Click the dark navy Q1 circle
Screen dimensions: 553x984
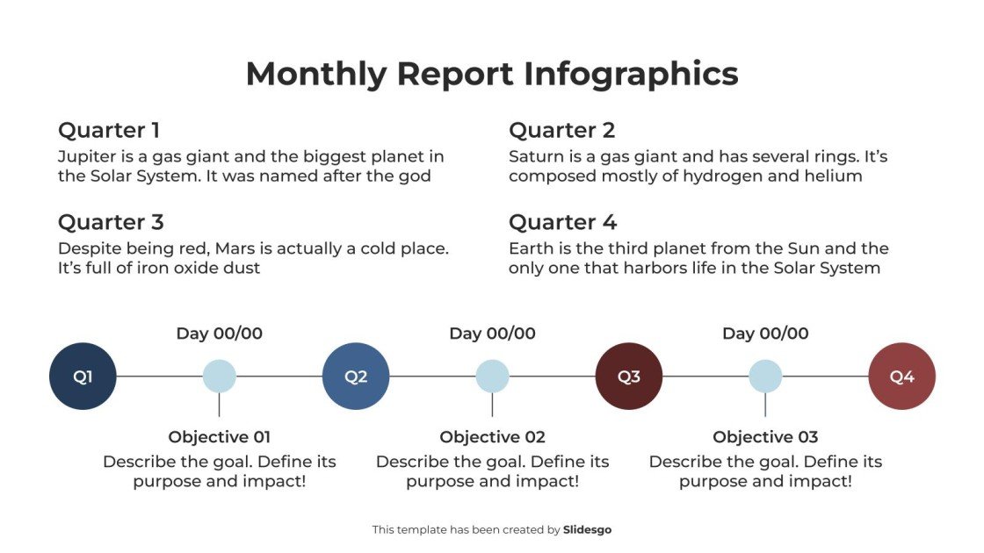click(83, 377)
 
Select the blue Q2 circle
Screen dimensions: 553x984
click(356, 377)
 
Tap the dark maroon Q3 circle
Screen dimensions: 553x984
click(629, 377)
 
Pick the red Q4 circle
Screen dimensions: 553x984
click(901, 377)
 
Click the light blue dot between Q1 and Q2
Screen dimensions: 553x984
click(219, 377)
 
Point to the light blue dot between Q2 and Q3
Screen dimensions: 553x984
click(492, 377)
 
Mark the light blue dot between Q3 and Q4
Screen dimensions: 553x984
click(765, 377)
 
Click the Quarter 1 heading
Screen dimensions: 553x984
click(109, 131)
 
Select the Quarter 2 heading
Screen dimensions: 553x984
click(561, 131)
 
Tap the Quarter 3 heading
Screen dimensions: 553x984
click(111, 222)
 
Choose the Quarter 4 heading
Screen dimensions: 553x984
click(562, 222)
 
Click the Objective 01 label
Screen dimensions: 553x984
click(219, 437)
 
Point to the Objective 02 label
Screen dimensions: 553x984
click(492, 437)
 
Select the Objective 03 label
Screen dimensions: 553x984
click(765, 437)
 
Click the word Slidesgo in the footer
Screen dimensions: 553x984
click(587, 529)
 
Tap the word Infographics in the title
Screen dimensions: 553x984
click(631, 74)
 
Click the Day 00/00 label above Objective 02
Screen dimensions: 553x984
click(492, 334)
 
